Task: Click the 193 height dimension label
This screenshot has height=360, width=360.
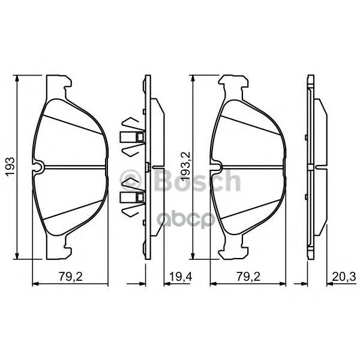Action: [11, 167]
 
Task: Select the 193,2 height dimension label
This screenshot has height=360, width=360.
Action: [185, 166]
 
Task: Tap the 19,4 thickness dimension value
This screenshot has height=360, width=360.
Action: [181, 277]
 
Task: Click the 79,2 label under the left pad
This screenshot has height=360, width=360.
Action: [71, 277]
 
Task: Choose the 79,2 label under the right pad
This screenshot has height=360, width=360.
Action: [248, 277]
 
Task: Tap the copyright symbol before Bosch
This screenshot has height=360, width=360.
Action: [131, 181]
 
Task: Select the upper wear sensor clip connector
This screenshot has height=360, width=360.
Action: [133, 137]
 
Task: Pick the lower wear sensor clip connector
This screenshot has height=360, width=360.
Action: [133, 197]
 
